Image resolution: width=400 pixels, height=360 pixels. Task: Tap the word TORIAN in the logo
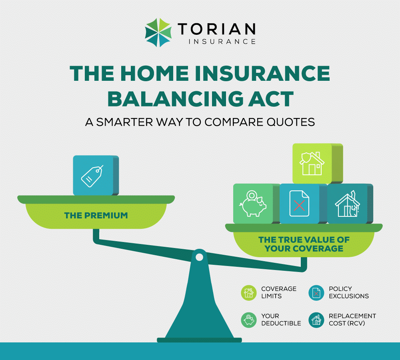[x=216, y=29]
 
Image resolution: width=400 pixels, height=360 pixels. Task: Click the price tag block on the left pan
[x=93, y=175]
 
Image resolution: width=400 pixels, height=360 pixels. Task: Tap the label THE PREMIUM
[x=96, y=216]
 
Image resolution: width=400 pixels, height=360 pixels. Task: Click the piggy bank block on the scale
[x=253, y=203]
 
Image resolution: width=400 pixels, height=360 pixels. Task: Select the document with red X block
[x=299, y=203]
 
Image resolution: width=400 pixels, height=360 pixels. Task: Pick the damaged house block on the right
[x=347, y=203]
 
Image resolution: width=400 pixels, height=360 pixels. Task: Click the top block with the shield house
[x=313, y=164]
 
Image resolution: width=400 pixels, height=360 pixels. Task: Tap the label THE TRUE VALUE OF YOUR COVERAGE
[x=304, y=244]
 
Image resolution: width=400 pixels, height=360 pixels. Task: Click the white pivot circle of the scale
[x=199, y=257]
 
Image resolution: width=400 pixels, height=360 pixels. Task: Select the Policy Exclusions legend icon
[x=316, y=293]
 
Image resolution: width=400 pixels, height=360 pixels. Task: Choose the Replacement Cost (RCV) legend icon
[x=316, y=320]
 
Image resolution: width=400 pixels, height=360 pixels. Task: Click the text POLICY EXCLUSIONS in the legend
[x=348, y=292]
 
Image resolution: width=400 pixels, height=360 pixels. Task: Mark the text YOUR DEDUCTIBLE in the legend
[x=281, y=319]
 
